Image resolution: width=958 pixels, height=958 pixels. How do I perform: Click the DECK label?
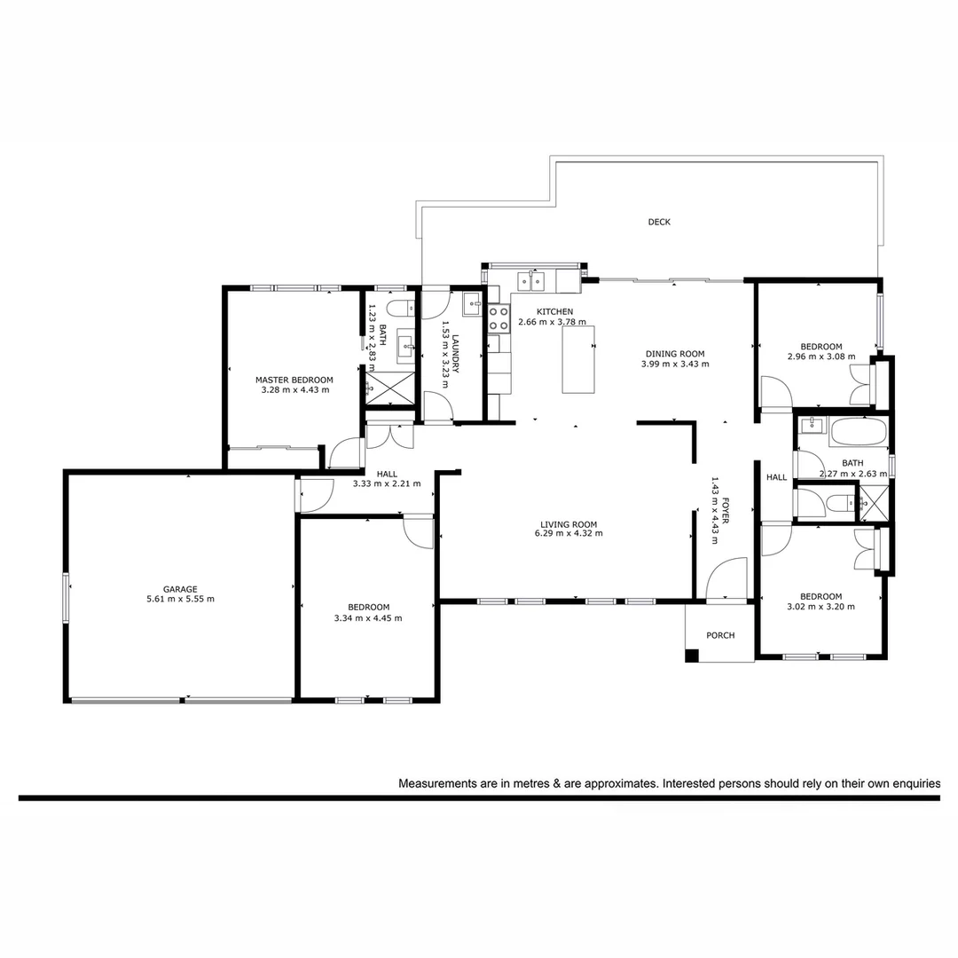(x=659, y=223)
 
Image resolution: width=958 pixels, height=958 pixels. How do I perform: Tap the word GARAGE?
(x=180, y=588)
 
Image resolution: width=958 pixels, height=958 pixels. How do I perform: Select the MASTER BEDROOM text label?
(x=294, y=380)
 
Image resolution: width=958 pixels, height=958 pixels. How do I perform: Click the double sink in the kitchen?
(x=531, y=282)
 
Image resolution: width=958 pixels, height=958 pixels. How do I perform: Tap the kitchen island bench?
(x=578, y=359)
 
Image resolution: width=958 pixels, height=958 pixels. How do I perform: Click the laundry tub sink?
(x=471, y=299)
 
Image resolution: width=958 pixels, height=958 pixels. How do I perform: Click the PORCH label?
(x=720, y=635)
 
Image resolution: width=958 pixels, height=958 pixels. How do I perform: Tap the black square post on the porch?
(x=692, y=656)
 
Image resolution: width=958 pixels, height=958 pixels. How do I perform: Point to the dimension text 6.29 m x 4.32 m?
(x=569, y=534)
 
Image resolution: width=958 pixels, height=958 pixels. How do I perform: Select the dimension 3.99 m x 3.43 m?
(x=675, y=364)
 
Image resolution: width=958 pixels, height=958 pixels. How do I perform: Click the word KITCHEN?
(x=554, y=311)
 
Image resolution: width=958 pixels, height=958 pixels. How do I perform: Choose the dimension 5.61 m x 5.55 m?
(x=180, y=599)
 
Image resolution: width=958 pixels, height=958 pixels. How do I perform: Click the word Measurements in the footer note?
(x=442, y=784)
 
